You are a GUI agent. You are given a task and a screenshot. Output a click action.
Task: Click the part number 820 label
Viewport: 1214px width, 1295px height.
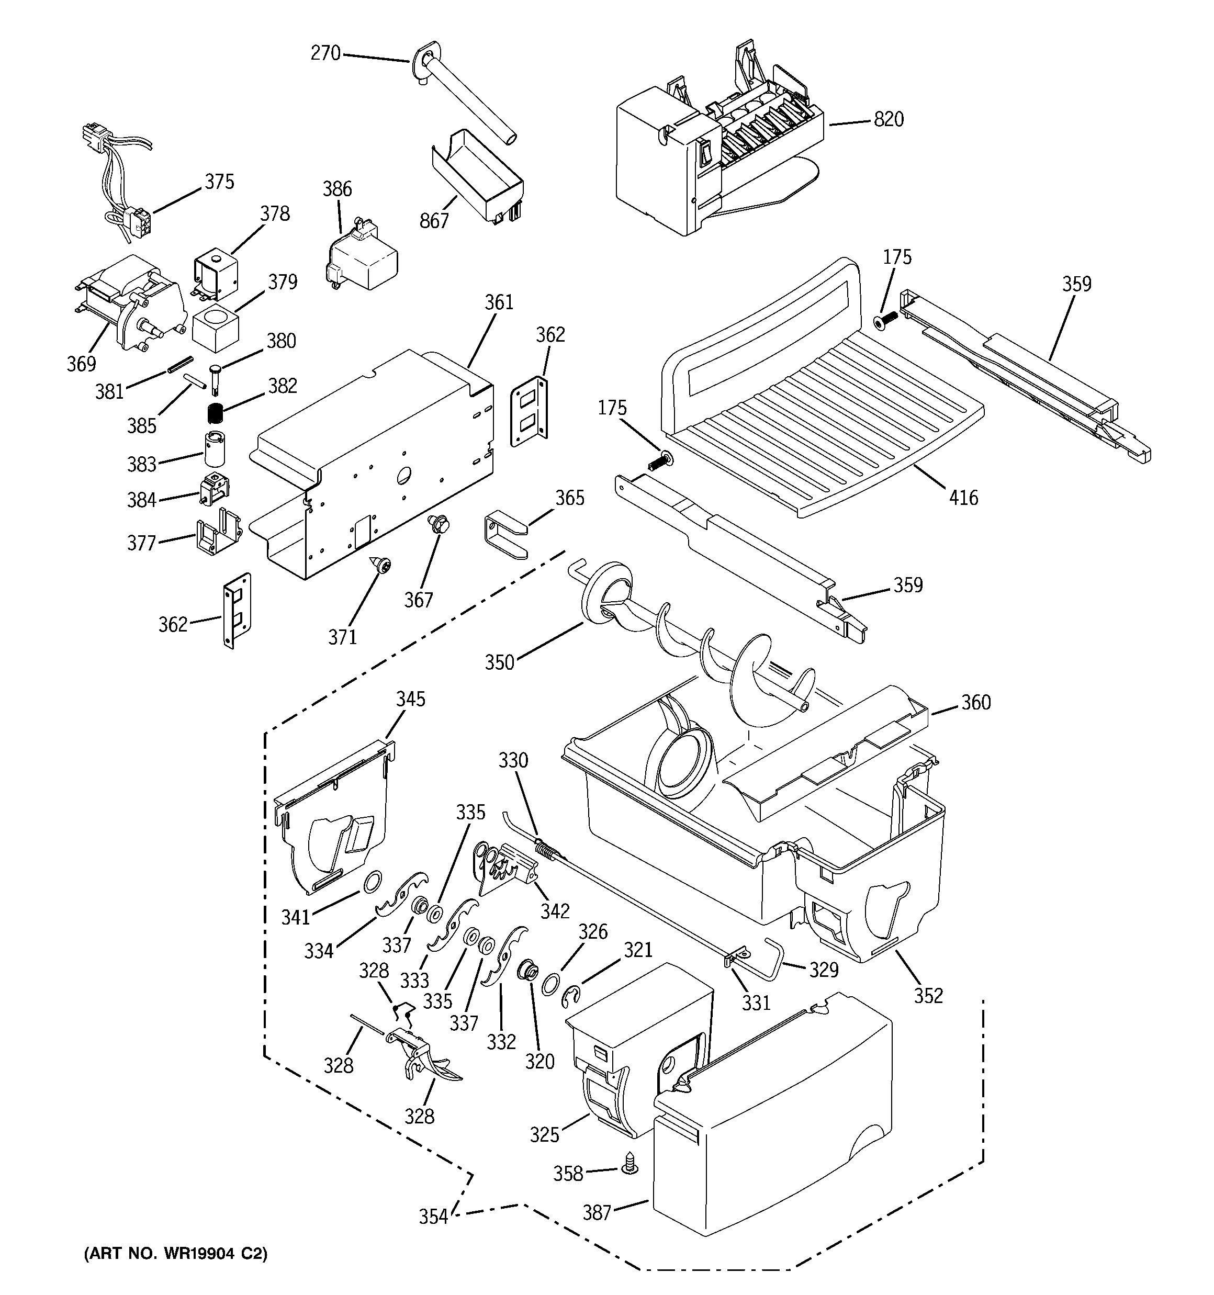(x=889, y=120)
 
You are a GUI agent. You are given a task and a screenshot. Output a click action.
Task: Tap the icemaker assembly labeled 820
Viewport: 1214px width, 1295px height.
(x=717, y=150)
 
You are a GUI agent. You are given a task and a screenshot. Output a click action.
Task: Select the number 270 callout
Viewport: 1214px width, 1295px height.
(x=326, y=53)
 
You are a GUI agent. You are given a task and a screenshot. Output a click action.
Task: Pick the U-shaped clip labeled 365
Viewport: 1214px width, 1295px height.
(x=505, y=534)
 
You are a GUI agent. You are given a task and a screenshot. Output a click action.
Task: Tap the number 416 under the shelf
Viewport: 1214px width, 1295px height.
(x=964, y=498)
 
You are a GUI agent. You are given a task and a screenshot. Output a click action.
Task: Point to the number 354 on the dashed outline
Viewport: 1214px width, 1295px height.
(x=433, y=1216)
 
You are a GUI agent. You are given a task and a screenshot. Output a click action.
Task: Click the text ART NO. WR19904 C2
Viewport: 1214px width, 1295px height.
(x=175, y=1255)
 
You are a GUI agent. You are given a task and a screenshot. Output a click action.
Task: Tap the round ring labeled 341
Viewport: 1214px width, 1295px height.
(x=372, y=883)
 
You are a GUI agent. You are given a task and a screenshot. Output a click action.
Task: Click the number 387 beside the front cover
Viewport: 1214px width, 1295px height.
(x=596, y=1212)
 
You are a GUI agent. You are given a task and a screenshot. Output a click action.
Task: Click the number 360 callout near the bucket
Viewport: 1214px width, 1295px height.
(x=976, y=703)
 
